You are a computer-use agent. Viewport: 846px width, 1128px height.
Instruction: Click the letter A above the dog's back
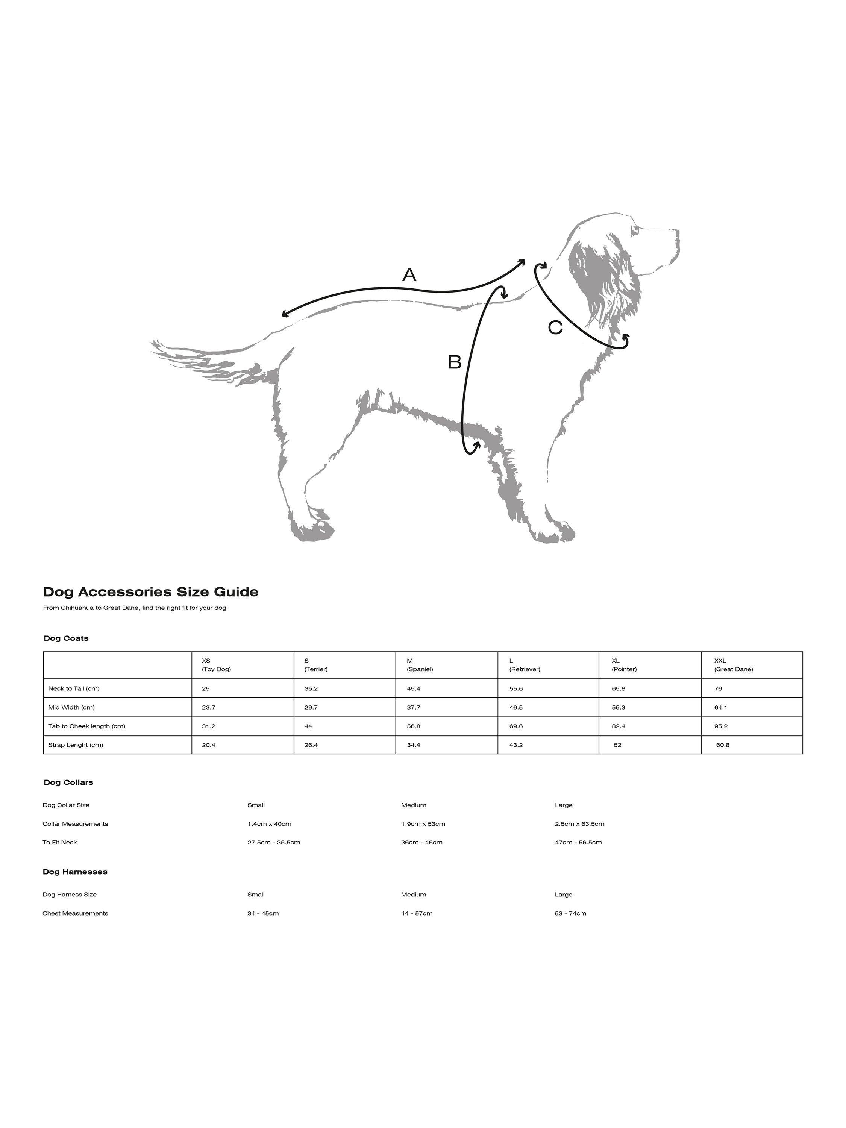409,275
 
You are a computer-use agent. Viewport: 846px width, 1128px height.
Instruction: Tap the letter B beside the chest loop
454,362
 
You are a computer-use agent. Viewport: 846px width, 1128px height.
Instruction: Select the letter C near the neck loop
555,327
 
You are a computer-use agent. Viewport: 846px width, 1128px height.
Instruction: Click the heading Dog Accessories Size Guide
150,592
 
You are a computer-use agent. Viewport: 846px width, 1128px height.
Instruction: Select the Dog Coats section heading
66,638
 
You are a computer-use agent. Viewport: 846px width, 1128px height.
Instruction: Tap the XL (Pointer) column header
624,665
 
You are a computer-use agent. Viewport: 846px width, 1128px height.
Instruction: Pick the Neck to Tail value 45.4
414,688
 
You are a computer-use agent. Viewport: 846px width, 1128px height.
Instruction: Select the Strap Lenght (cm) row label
76,745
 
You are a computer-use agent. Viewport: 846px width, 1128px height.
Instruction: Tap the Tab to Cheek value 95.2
721,726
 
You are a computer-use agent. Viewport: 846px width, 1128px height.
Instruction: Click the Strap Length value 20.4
209,745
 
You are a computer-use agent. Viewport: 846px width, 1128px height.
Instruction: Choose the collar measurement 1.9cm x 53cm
423,823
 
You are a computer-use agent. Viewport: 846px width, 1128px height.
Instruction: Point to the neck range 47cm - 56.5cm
578,843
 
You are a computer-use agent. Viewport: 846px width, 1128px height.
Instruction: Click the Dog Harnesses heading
75,872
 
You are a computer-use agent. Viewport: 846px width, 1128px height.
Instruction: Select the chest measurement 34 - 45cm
263,913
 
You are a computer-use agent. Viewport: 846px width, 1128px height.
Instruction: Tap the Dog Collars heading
68,782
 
